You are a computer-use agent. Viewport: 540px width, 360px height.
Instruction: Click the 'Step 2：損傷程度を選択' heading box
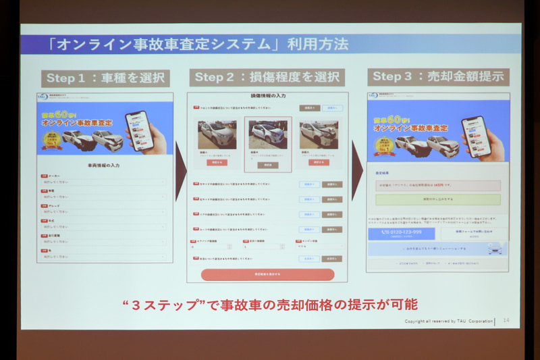click(x=267, y=77)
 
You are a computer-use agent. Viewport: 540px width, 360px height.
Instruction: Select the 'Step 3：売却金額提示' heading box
click(x=438, y=76)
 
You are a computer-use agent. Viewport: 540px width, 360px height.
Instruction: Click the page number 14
click(x=506, y=321)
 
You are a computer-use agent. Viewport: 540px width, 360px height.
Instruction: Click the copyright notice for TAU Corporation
click(x=448, y=321)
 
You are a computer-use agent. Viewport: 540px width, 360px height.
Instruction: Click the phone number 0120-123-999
click(x=402, y=232)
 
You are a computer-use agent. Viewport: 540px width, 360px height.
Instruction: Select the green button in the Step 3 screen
click(x=437, y=200)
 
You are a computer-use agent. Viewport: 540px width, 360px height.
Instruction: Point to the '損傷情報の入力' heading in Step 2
click(x=267, y=97)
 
